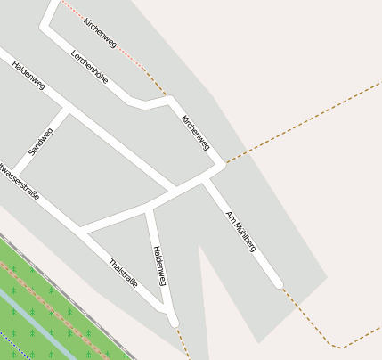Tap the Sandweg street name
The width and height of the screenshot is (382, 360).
[41, 141]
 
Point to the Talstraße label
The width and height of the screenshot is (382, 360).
[123, 273]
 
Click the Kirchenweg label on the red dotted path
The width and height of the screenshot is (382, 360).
[101, 31]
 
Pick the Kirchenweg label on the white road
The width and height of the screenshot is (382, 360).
[196, 132]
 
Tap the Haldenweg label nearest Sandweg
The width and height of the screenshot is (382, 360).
[28, 75]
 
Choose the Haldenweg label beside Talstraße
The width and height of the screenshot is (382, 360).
[160, 266]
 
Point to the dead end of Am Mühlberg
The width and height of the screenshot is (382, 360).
[279, 283]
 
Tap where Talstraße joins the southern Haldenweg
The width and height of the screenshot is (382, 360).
[167, 311]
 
